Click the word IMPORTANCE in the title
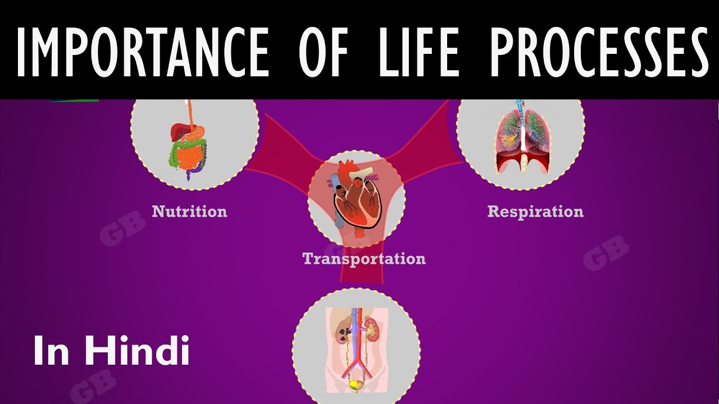[143, 52]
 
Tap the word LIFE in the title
[419, 52]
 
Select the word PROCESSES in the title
[598, 52]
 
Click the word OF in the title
[323, 52]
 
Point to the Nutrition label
[189, 212]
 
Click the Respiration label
[535, 212]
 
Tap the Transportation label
[364, 259]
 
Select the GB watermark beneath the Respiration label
[606, 253]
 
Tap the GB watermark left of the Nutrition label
[122, 228]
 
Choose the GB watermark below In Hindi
[93, 387]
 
